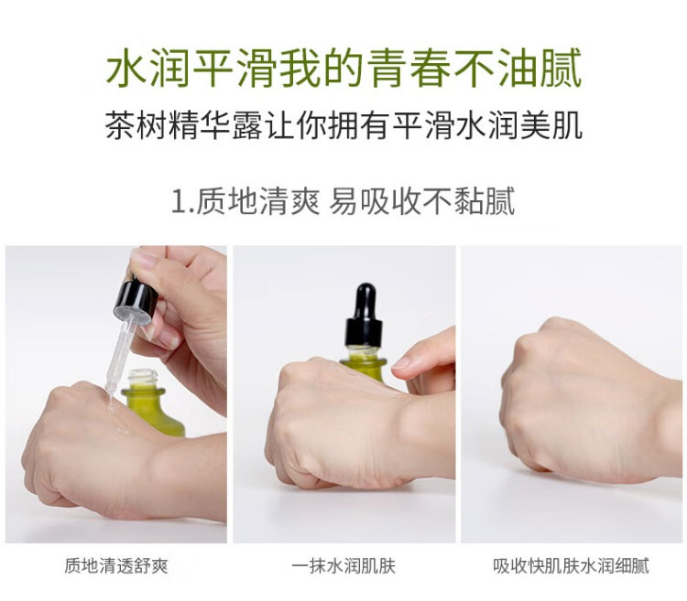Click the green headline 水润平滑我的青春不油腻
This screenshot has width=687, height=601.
(343, 68)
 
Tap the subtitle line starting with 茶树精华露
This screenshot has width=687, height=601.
(343, 126)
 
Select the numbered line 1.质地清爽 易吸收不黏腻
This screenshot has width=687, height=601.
(343, 201)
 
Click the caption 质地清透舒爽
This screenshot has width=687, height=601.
(116, 565)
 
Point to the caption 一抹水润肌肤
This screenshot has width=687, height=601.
(343, 565)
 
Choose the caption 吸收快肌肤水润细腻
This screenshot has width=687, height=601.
(571, 565)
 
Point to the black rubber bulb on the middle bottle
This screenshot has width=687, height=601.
(364, 302)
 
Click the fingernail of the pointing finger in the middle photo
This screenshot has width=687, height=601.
(401, 362)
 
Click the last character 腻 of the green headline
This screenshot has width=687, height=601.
(562, 69)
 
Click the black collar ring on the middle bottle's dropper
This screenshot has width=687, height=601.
(364, 331)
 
